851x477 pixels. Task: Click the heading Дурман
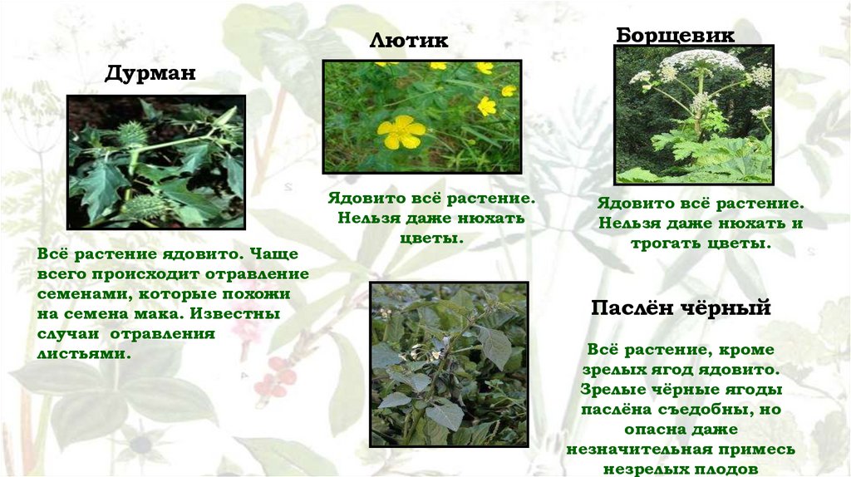[x=150, y=73]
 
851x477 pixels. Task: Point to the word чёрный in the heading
[x=729, y=308]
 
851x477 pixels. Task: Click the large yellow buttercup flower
[x=401, y=131]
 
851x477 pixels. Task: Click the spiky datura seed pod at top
[x=132, y=132]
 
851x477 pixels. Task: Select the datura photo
[x=155, y=162]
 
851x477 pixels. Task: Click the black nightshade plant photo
[x=449, y=364]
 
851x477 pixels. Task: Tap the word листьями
[x=84, y=352]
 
